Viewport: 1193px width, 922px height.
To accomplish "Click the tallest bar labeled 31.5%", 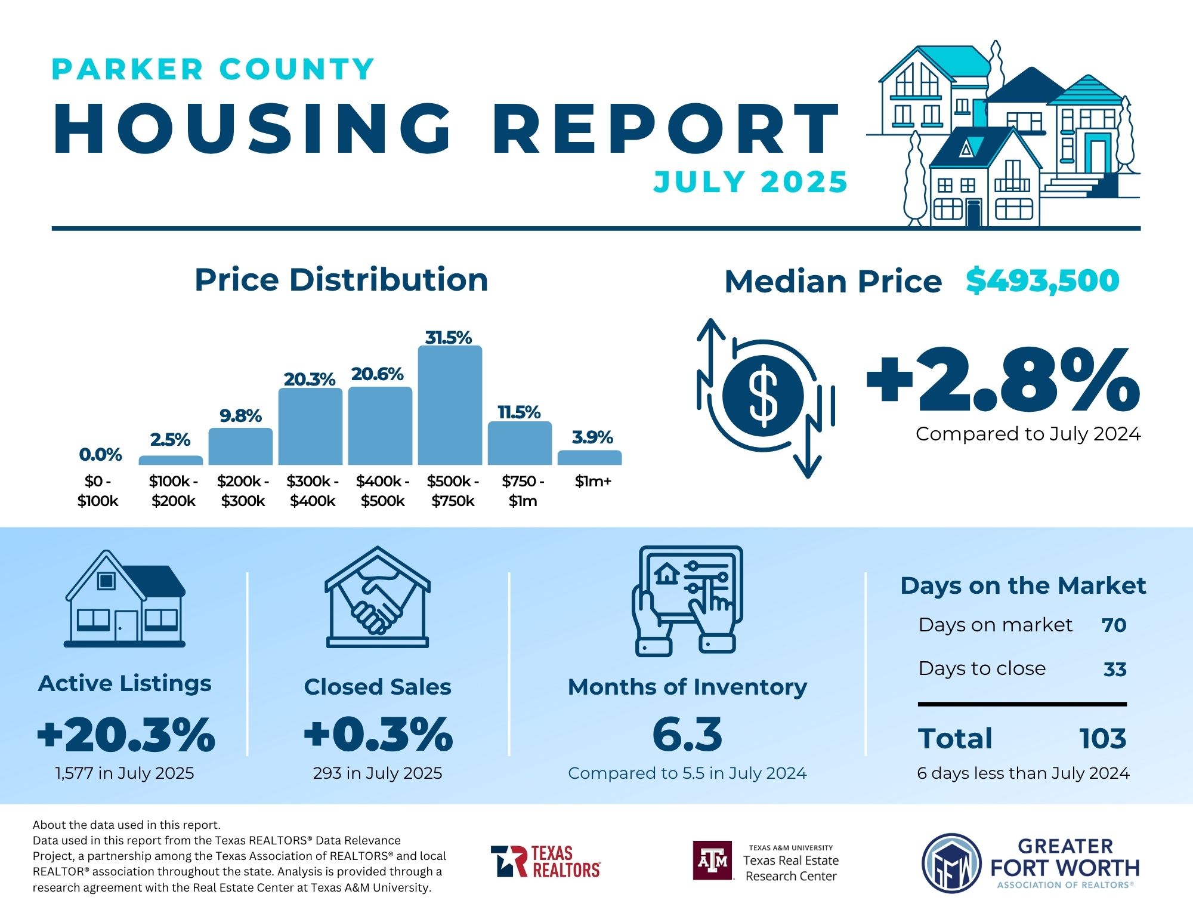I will coord(450,405).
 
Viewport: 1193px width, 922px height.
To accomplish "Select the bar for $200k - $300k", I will coord(240,446).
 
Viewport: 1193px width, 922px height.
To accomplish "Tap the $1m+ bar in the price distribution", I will coord(589,458).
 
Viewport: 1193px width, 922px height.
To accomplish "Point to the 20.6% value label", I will coord(377,374).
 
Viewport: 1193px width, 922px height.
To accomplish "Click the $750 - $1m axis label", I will coord(523,491).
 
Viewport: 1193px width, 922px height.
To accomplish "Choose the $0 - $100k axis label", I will coord(98,491).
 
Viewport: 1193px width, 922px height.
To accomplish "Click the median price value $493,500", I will coord(1042,280).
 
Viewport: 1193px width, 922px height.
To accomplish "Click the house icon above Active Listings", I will coord(125,599).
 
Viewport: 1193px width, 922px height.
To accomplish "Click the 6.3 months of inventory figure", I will coord(687,734).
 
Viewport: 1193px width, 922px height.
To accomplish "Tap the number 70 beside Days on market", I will coord(1114,625).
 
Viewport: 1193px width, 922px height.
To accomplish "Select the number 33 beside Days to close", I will coord(1114,669).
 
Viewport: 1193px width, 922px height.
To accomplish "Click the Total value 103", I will coord(1102,739).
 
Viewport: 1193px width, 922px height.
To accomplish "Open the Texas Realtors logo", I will coord(545,861).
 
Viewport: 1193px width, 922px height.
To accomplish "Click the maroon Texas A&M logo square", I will coord(712,861).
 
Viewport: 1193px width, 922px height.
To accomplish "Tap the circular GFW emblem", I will coord(951,863).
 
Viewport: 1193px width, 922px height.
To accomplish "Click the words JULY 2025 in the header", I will coord(750,182).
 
